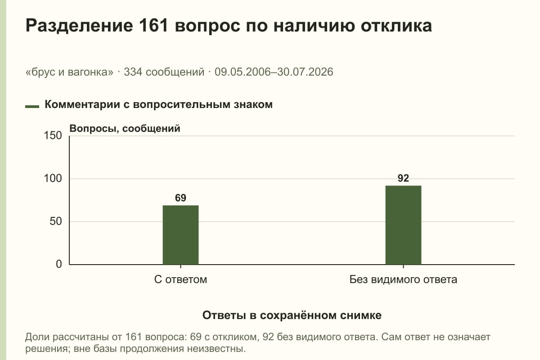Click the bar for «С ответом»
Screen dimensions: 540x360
point(180,235)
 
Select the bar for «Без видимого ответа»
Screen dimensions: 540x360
point(403,225)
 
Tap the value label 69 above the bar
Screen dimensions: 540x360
point(180,198)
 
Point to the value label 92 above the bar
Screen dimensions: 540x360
point(403,178)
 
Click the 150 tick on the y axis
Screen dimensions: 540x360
point(53,135)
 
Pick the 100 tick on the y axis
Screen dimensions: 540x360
point(53,179)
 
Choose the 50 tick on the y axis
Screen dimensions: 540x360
point(56,221)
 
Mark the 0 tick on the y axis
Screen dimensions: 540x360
point(59,264)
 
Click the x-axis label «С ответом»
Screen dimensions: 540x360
point(180,279)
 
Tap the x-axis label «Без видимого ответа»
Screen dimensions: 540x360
point(403,279)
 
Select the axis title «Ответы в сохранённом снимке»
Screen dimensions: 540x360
point(292,315)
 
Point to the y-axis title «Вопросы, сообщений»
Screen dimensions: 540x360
point(125,129)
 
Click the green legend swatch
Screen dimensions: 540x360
point(32,107)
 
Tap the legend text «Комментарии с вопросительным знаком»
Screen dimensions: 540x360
point(158,105)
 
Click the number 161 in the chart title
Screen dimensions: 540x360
point(153,26)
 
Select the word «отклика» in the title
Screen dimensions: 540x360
point(396,26)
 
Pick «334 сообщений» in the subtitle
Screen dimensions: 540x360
point(164,72)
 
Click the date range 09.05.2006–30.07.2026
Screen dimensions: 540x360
point(274,72)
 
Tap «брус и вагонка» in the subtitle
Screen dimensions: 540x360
point(69,72)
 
